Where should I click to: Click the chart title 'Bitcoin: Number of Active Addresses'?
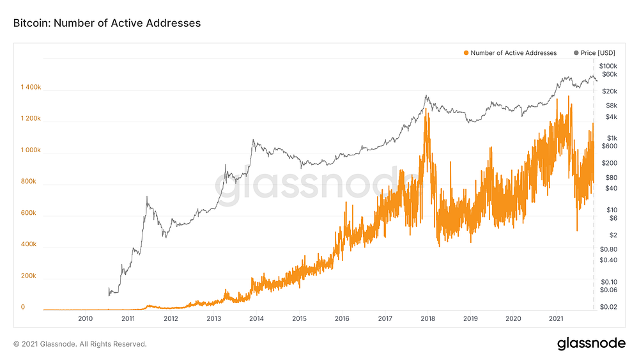(x=107, y=23)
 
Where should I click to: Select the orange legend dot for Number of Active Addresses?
(x=466, y=53)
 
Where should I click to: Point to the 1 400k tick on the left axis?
(x=31, y=87)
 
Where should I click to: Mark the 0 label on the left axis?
(x=22, y=308)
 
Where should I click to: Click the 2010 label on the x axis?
(x=85, y=318)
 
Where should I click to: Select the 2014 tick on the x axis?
(x=256, y=318)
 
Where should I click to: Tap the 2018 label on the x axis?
(x=427, y=318)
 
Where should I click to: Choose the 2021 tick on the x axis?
(x=556, y=318)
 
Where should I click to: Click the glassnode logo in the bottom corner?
(x=591, y=343)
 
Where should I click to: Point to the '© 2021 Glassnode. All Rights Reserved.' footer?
(x=80, y=344)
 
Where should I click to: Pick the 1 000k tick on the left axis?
(x=30, y=150)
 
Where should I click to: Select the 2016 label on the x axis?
(x=342, y=318)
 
